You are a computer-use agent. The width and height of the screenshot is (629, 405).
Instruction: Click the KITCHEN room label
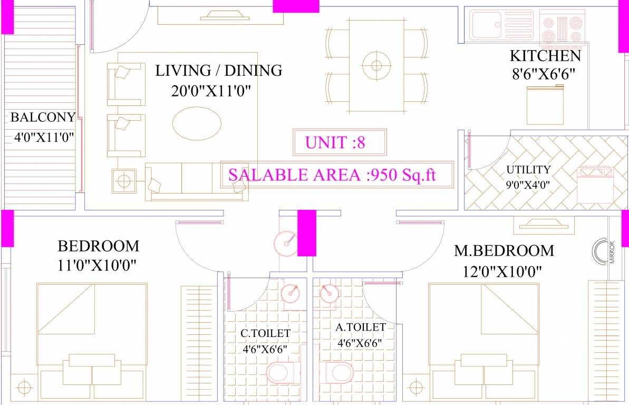[x=545, y=56]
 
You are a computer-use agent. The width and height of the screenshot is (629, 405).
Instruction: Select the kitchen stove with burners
[x=563, y=28]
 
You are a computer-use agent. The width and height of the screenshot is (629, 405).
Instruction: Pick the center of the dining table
[x=376, y=65]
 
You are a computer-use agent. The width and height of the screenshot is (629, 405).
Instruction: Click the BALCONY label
[x=42, y=117]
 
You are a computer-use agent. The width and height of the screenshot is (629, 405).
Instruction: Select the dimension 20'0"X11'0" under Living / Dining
[x=210, y=91]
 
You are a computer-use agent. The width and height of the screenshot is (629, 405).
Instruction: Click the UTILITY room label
[x=528, y=170]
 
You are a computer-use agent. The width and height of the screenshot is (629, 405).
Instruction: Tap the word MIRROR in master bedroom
[x=612, y=253]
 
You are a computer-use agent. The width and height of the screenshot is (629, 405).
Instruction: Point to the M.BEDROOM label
[x=504, y=250]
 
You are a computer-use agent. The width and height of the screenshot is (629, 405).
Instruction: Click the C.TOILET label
[x=265, y=333]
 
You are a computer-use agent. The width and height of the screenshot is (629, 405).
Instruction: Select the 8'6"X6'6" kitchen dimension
[x=542, y=73]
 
